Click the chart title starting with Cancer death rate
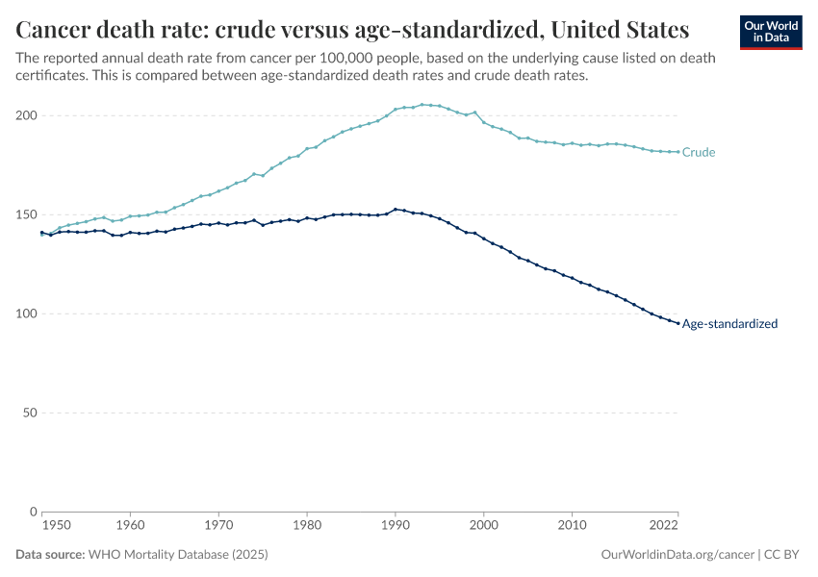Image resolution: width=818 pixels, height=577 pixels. click(352, 28)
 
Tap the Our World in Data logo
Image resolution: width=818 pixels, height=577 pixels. click(770, 32)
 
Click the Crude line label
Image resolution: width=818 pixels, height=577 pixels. click(698, 152)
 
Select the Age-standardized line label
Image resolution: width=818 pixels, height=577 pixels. click(729, 324)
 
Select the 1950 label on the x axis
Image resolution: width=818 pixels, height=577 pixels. click(56, 526)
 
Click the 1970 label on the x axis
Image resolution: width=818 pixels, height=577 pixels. click(218, 526)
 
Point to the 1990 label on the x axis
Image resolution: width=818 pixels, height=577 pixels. click(396, 526)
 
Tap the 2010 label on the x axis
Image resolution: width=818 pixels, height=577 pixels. click(573, 526)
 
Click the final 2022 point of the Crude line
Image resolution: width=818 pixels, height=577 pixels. click(678, 151)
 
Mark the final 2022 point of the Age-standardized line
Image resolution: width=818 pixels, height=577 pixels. click(678, 323)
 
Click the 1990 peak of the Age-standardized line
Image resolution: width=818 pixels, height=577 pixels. click(396, 209)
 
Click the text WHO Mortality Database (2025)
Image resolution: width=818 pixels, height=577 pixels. click(177, 555)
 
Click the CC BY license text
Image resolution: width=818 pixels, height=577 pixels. click(783, 555)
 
